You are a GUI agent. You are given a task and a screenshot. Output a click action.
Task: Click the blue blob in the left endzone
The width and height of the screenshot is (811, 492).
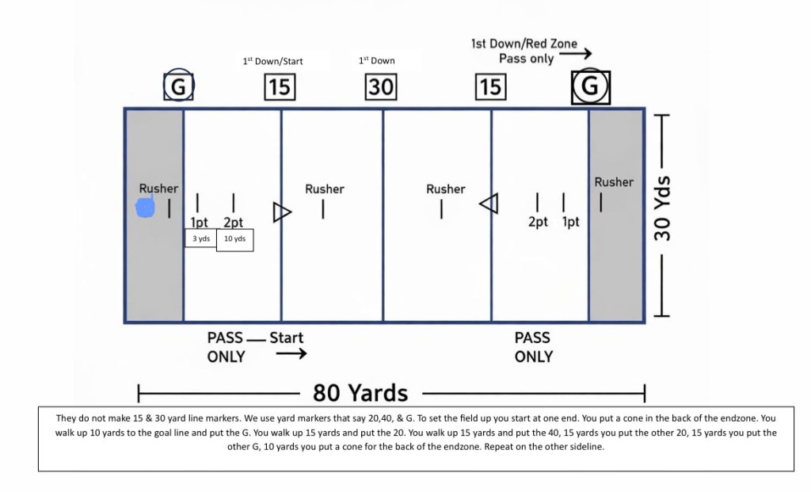point(145,208)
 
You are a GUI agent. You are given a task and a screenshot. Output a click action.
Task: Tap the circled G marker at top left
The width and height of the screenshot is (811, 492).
point(179,86)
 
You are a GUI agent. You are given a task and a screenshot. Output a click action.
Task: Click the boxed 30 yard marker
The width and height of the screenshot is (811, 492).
point(381,86)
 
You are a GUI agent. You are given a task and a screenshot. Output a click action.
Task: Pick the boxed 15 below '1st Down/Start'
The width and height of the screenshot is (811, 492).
point(280,86)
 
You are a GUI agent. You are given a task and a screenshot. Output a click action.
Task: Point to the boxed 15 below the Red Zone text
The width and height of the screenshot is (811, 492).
point(490,86)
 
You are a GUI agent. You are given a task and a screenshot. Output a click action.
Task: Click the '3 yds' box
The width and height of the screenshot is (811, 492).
point(200,238)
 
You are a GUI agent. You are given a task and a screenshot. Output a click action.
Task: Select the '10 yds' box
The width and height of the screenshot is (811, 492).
point(235,238)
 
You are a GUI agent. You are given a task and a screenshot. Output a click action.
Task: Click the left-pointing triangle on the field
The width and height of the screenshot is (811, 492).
point(489,204)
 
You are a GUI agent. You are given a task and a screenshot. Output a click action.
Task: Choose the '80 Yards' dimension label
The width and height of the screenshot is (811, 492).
point(360,392)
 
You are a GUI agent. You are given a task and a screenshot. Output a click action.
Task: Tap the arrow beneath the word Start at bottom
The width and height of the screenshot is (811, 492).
point(291,354)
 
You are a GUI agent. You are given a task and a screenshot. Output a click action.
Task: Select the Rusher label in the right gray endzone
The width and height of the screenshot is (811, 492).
point(614,182)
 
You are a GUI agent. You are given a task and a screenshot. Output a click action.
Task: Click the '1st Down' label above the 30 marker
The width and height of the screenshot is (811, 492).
point(377,60)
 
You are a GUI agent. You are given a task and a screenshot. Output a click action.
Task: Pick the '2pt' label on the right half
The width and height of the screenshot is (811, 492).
point(538,222)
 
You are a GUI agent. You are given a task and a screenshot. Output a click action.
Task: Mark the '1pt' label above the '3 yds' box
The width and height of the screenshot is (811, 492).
point(198,223)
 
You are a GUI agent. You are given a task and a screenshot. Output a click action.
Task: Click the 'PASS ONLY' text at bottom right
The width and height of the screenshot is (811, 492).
point(534,347)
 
